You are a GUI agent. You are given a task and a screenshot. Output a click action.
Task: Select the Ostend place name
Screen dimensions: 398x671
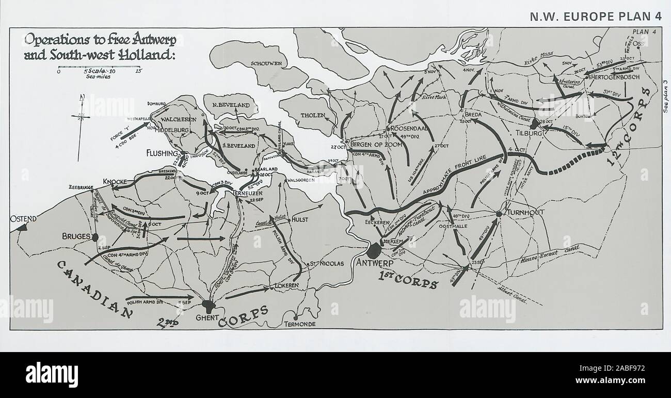point(23,219)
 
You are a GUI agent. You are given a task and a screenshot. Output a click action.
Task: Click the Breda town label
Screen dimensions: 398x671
point(473,114)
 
